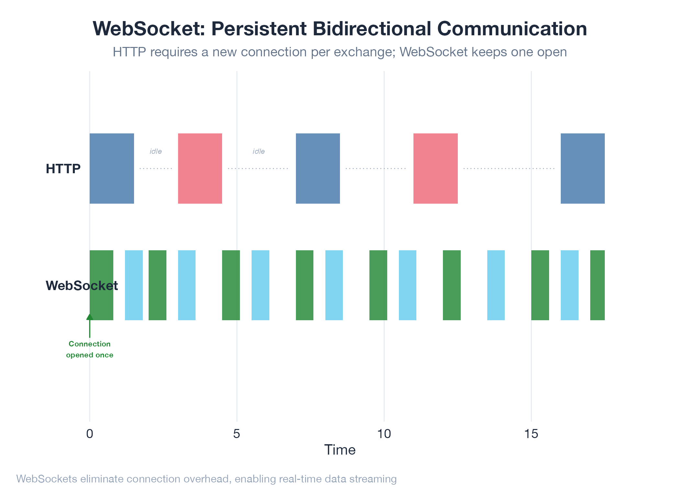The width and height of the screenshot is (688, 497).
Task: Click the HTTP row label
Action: (x=63, y=169)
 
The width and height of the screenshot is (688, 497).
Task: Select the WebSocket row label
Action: (x=82, y=286)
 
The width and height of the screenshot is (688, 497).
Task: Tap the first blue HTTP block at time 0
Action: (x=112, y=168)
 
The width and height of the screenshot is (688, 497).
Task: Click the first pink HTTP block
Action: (x=200, y=168)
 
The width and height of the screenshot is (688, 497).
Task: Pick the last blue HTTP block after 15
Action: (x=582, y=168)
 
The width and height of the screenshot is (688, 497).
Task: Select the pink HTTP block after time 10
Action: (x=435, y=168)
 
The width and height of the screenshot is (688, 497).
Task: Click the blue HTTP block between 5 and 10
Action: (x=318, y=168)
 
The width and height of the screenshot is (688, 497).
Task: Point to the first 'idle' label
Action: (x=155, y=151)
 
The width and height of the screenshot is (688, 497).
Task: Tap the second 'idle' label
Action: (x=259, y=151)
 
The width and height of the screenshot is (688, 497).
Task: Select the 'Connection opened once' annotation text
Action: (x=90, y=349)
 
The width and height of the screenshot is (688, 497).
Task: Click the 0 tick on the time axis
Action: (x=90, y=434)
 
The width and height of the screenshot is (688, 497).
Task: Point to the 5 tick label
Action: (x=237, y=434)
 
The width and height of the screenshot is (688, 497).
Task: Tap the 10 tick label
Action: (x=384, y=434)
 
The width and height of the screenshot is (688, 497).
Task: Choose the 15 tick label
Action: (x=531, y=434)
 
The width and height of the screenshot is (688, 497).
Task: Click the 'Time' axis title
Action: (x=340, y=450)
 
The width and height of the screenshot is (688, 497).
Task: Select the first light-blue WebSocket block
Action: (x=134, y=285)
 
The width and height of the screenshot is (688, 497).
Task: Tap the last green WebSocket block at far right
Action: (x=597, y=285)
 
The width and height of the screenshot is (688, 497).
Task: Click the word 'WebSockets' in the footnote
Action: (x=47, y=479)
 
